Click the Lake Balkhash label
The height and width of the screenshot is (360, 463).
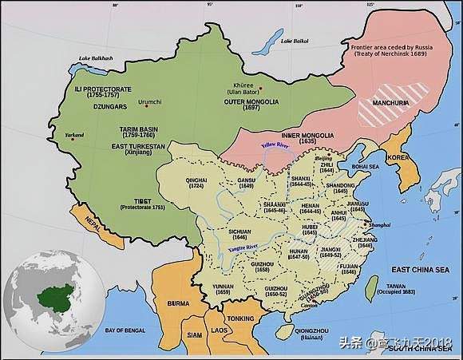point(96,59)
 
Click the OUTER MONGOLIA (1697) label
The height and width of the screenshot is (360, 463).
point(251,105)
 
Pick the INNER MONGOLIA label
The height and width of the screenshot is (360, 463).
point(307,137)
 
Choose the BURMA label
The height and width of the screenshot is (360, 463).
point(178,304)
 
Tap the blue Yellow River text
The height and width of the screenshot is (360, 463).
point(275,145)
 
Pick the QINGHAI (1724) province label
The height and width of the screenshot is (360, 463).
point(196,183)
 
